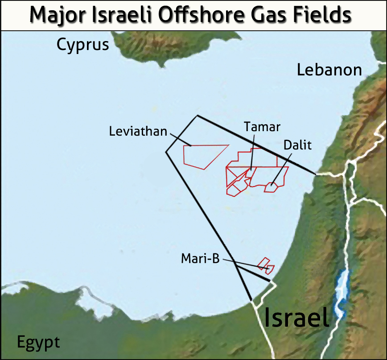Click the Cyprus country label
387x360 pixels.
[83, 45]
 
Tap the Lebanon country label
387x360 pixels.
[329, 70]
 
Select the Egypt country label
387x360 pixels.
[38, 343]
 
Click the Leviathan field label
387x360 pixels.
[138, 132]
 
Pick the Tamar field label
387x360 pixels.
[262, 127]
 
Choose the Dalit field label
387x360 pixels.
[297, 145]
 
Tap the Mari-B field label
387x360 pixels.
[201, 259]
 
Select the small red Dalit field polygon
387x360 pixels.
[271, 187]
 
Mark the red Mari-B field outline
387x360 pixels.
[266, 265]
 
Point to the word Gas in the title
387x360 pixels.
[269, 16]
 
